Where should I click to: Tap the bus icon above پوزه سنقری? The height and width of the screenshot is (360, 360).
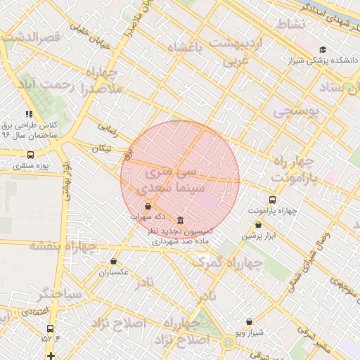pos(30,155)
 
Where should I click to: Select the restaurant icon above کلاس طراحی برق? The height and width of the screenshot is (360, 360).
pos(29,114)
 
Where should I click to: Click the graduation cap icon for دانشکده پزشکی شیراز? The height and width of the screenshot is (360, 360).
pos(323,49)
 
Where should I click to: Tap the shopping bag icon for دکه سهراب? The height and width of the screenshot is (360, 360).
pos(148,207)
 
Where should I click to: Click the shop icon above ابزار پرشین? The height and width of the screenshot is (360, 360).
pos(258,225)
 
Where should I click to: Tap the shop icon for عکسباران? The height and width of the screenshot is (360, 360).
pos(113,262)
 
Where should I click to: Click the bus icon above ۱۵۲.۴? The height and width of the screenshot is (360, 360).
pos(50,328)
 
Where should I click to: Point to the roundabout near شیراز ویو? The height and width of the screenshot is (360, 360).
pos(228,342)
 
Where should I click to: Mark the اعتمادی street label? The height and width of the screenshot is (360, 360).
pos(33,311)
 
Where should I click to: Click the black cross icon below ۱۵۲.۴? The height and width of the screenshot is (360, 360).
pos(51,355)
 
